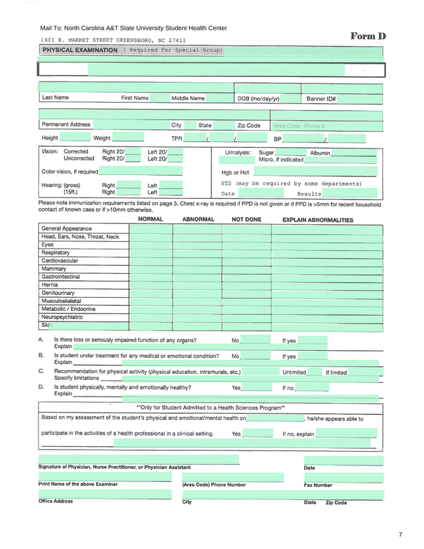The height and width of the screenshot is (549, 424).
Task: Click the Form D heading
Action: click(368, 36)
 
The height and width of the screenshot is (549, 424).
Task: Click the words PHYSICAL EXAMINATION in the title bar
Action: click(80, 50)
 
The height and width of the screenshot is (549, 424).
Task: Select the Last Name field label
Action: click(55, 97)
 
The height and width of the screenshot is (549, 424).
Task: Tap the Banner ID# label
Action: click(321, 99)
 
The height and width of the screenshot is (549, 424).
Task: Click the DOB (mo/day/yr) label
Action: click(258, 99)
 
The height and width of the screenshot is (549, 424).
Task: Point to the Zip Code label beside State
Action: click(249, 125)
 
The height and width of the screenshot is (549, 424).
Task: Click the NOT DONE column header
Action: click(246, 219)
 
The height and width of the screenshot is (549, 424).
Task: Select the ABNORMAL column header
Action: click(198, 219)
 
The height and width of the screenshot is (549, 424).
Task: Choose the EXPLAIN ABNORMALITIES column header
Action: click(317, 220)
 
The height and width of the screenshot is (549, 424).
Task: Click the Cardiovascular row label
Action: click(60, 261)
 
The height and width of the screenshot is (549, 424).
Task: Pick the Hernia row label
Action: click(50, 284)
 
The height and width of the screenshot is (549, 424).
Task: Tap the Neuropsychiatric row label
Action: click(62, 317)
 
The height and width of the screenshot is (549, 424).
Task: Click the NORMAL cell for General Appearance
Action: click(150, 229)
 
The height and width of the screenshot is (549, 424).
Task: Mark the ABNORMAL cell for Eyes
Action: click(197, 245)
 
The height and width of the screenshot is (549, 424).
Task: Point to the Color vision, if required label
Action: click(70, 171)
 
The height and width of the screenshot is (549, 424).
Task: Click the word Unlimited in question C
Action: click(294, 373)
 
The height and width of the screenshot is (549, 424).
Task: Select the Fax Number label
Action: click(318, 485)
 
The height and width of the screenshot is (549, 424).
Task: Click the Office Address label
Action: click(56, 501)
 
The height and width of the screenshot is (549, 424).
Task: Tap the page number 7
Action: click(400, 534)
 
